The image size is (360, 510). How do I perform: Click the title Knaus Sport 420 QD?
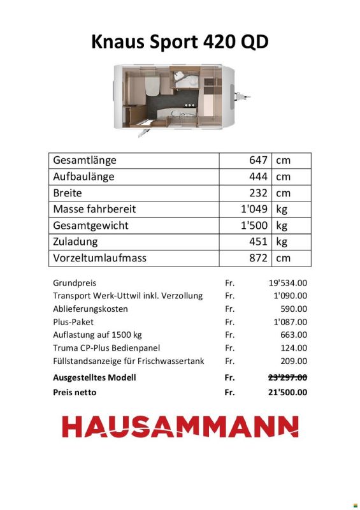point(180,42)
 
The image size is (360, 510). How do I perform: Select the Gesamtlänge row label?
point(85,160)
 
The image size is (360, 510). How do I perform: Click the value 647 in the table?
point(258,160)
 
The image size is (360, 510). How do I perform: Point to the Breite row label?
point(68,193)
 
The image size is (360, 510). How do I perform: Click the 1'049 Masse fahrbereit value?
point(254,209)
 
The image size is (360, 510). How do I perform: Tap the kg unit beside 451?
point(282,242)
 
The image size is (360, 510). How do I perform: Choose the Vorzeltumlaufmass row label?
point(100,258)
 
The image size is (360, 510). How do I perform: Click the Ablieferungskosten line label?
point(90,309)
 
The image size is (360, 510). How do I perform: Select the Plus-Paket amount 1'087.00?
point(290,322)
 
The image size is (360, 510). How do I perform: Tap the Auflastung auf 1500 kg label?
point(97,335)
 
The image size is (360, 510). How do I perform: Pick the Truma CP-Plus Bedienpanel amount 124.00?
point(294,347)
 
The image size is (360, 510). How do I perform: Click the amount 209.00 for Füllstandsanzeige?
point(294,361)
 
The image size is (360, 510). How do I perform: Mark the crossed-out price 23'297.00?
point(287,377)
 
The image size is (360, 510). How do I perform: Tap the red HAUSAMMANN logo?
point(180,426)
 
